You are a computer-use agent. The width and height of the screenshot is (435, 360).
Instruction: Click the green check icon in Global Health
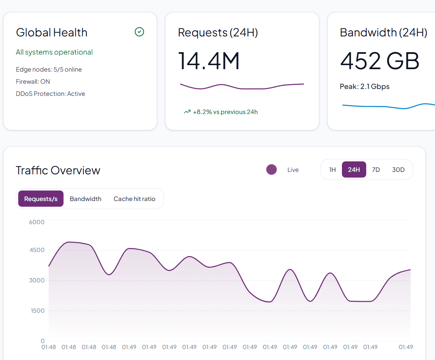(x=139, y=32)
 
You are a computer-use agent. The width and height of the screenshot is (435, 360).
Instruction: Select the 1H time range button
(x=332, y=170)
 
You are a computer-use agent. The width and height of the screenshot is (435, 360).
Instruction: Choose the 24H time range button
(x=354, y=170)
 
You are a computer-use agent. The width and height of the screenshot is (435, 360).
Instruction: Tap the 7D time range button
(x=376, y=170)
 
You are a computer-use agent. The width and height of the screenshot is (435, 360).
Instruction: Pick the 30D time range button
(x=398, y=170)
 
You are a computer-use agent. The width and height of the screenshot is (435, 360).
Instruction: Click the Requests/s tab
(x=41, y=199)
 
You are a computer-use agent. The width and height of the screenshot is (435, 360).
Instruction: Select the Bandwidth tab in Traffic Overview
(x=85, y=199)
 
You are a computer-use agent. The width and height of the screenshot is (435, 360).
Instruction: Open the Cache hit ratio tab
(x=134, y=199)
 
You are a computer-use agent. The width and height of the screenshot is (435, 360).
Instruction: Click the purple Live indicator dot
(x=272, y=170)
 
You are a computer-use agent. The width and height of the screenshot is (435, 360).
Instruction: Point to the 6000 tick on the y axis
(x=37, y=222)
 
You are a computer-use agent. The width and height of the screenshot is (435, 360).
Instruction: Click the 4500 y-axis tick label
(x=37, y=250)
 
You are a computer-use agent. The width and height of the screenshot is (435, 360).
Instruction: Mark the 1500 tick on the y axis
(x=37, y=311)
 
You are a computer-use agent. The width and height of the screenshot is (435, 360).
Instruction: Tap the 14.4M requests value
(x=209, y=61)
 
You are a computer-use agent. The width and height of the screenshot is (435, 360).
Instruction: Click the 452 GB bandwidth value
(x=380, y=61)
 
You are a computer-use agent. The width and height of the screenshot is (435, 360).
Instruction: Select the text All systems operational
(x=54, y=52)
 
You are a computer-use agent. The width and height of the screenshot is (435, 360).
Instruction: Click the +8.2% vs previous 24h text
(x=225, y=112)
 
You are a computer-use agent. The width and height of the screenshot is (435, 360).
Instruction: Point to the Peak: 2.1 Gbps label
(x=365, y=87)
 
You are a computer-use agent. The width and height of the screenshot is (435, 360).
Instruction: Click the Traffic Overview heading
(x=58, y=170)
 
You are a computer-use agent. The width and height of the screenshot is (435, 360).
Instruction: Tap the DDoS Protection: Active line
(x=51, y=94)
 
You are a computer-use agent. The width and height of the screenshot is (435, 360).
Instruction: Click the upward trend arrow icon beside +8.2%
(x=187, y=112)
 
